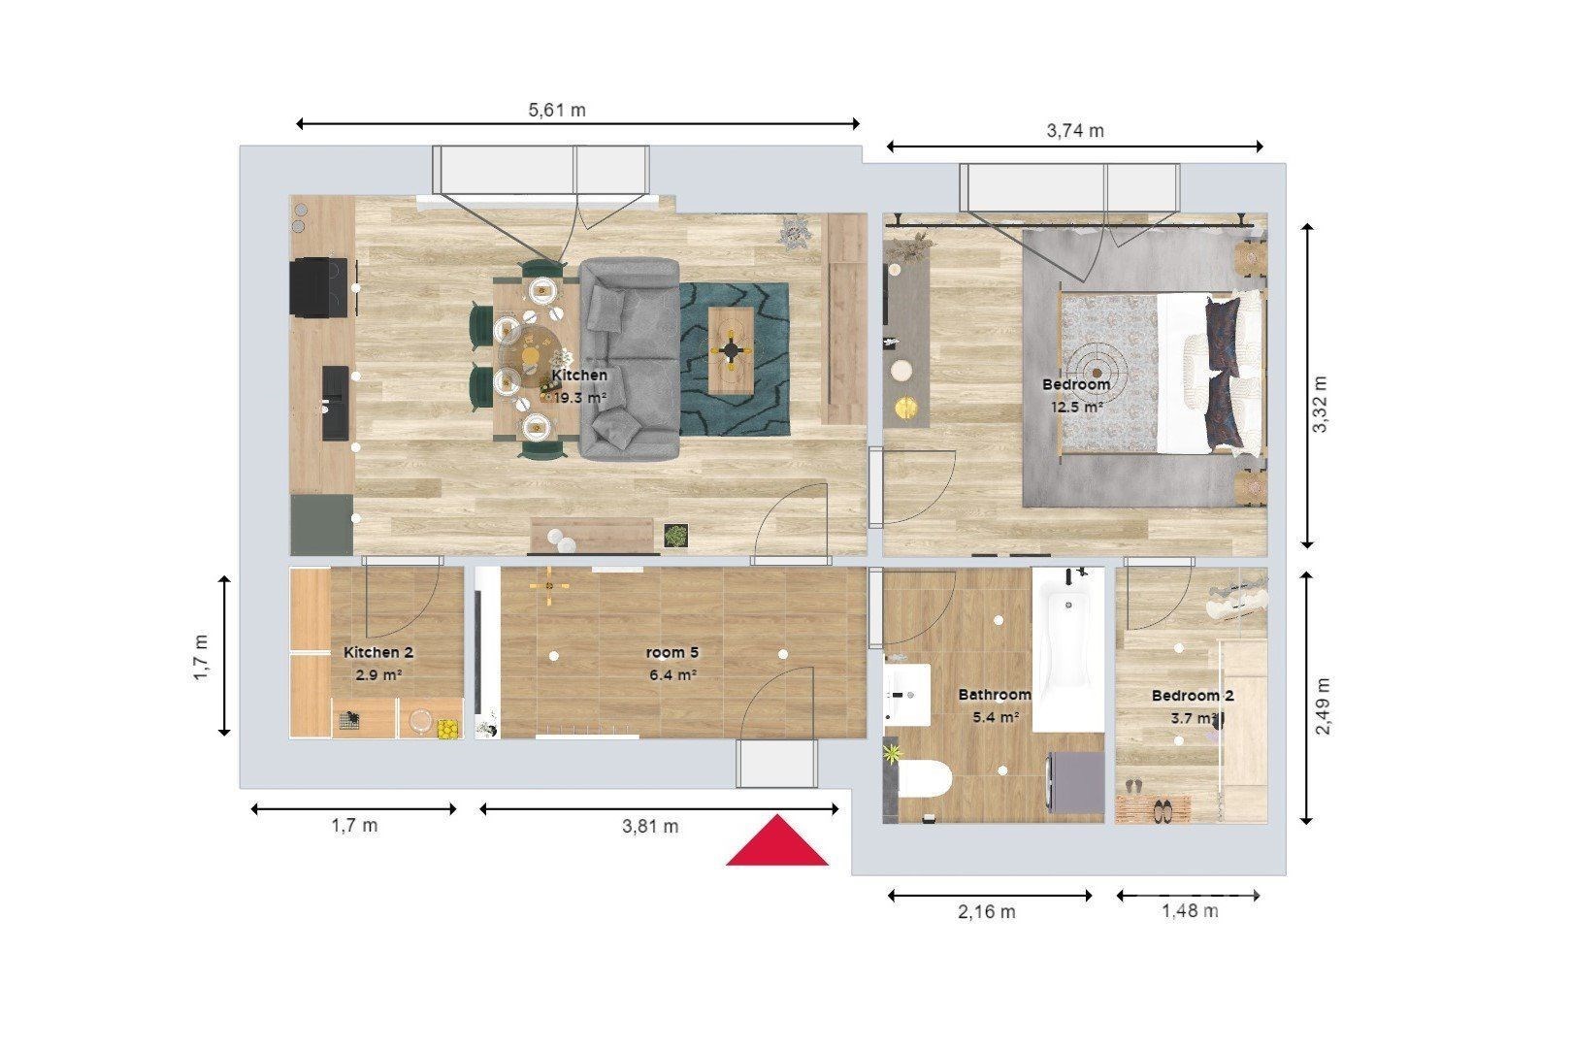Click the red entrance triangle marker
coord(777,841)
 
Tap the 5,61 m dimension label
coord(557,111)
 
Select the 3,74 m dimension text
coord(1075,131)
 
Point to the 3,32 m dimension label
coord(1320,405)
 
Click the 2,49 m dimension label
coord(1323,706)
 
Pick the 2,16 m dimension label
coord(986,912)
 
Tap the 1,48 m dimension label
coord(1191,911)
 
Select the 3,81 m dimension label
coord(650,826)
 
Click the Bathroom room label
coord(995,695)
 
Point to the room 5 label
coord(672,653)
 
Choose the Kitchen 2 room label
coord(378,652)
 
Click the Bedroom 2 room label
coord(1193,696)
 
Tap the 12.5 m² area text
coord(1076,408)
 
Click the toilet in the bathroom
coord(924,780)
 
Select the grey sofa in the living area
coord(630,359)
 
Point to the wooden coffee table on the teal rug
coord(732,350)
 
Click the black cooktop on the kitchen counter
coord(318,287)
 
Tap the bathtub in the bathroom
coord(1067,649)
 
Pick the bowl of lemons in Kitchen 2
coord(447,730)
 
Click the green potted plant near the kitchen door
coord(675,536)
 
